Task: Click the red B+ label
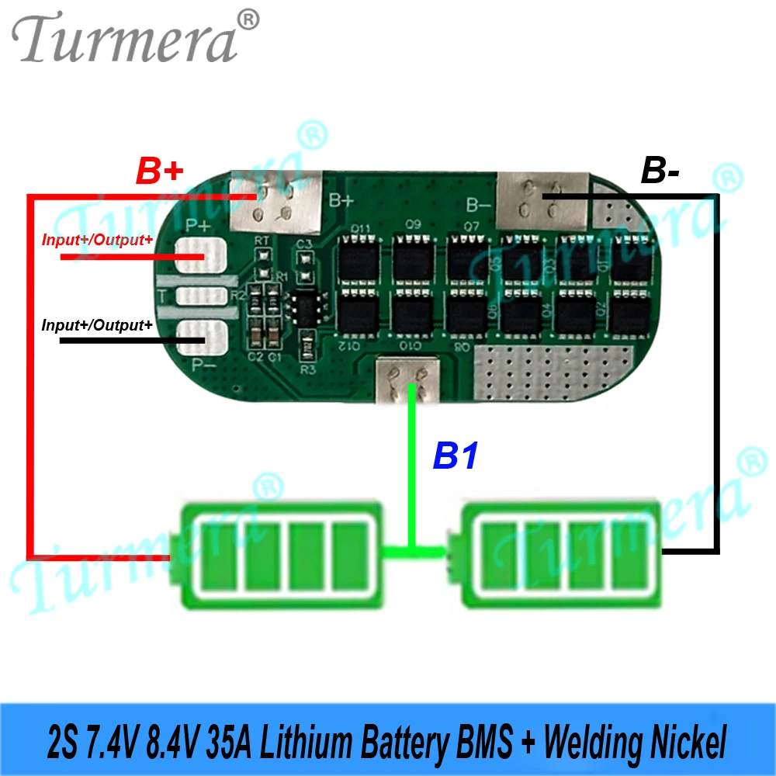160,170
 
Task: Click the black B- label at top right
660,171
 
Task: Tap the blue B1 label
456,456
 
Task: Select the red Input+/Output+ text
97,240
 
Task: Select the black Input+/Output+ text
97,324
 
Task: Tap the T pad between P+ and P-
201,296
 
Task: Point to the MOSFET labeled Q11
359,261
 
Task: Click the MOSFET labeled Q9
412,261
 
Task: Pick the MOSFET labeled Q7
468,261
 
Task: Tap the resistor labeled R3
307,341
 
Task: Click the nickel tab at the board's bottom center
407,379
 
